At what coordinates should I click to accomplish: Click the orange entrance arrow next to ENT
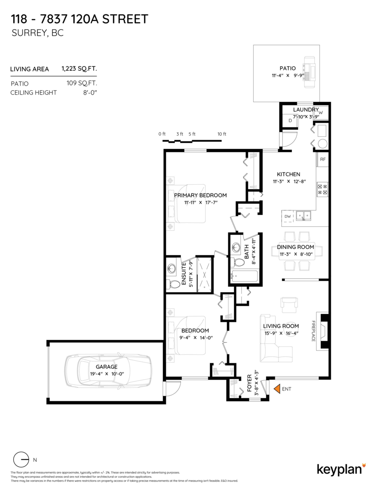[x=277, y=389]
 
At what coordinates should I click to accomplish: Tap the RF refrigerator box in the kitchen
[x=323, y=159]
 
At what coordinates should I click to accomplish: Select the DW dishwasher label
[x=288, y=216]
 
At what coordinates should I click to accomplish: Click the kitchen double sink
[x=304, y=215]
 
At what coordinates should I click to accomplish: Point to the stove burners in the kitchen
[x=323, y=189]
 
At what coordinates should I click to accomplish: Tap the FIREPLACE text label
[x=314, y=331]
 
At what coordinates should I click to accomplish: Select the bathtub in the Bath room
[x=244, y=276]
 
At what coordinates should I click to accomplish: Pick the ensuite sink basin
[x=171, y=267]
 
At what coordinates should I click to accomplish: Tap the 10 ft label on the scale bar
[x=222, y=134]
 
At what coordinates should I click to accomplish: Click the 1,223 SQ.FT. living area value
[x=79, y=69]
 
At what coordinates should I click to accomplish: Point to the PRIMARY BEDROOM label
[x=200, y=195]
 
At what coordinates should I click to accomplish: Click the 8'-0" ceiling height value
[x=90, y=93]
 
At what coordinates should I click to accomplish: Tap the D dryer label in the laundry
[x=290, y=121]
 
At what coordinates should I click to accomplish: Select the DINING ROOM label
[x=295, y=247]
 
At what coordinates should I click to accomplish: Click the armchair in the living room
[x=289, y=305]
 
